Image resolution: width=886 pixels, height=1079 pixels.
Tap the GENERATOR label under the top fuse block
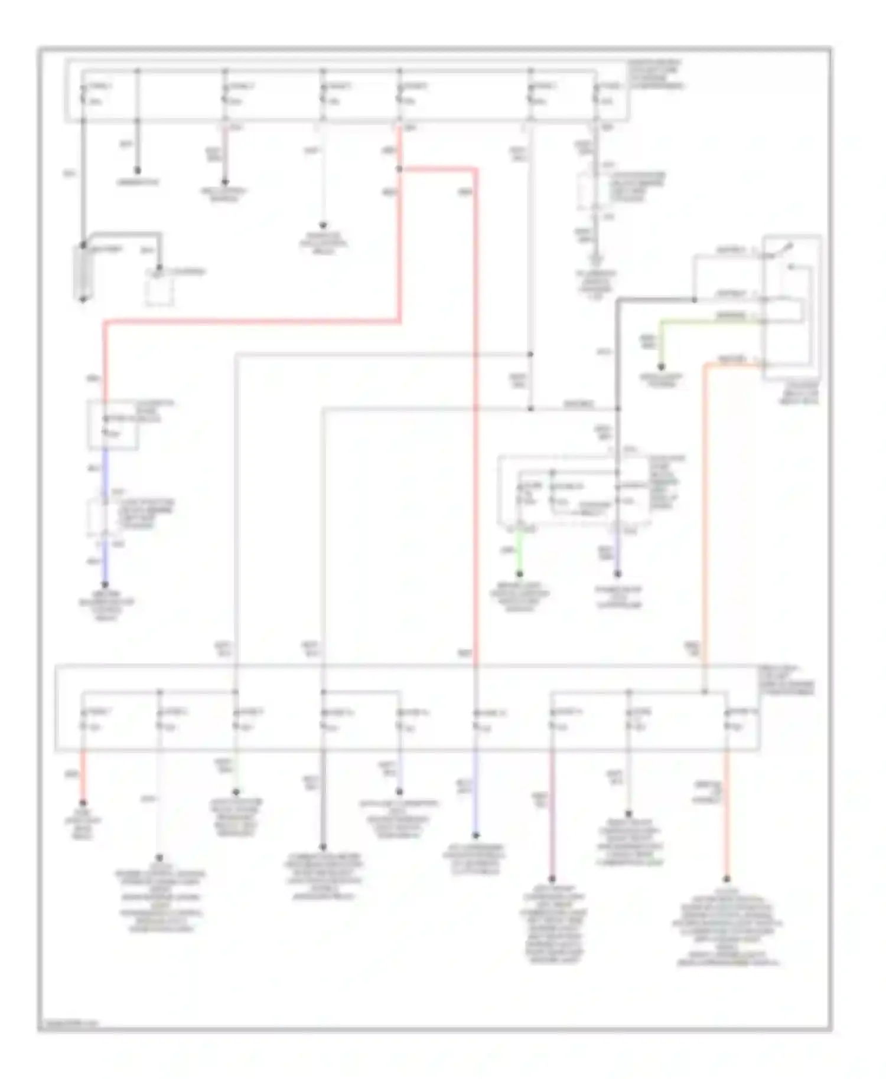click(138, 183)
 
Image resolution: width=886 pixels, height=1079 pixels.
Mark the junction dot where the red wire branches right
click(399, 169)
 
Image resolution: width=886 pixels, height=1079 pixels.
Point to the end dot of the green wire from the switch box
click(662, 367)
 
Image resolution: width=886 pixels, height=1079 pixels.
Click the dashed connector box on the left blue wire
click(97, 517)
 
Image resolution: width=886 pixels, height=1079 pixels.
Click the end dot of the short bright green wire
click(520, 573)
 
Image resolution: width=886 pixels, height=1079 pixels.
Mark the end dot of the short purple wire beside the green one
click(617, 573)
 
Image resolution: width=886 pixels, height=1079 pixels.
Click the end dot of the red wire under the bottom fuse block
click(83, 803)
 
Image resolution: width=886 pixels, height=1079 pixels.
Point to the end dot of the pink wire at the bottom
click(553, 879)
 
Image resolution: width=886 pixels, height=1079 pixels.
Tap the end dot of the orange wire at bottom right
click(727, 879)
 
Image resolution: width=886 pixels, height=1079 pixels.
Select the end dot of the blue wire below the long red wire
click(475, 836)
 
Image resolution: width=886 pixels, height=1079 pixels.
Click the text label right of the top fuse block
click(656, 74)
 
